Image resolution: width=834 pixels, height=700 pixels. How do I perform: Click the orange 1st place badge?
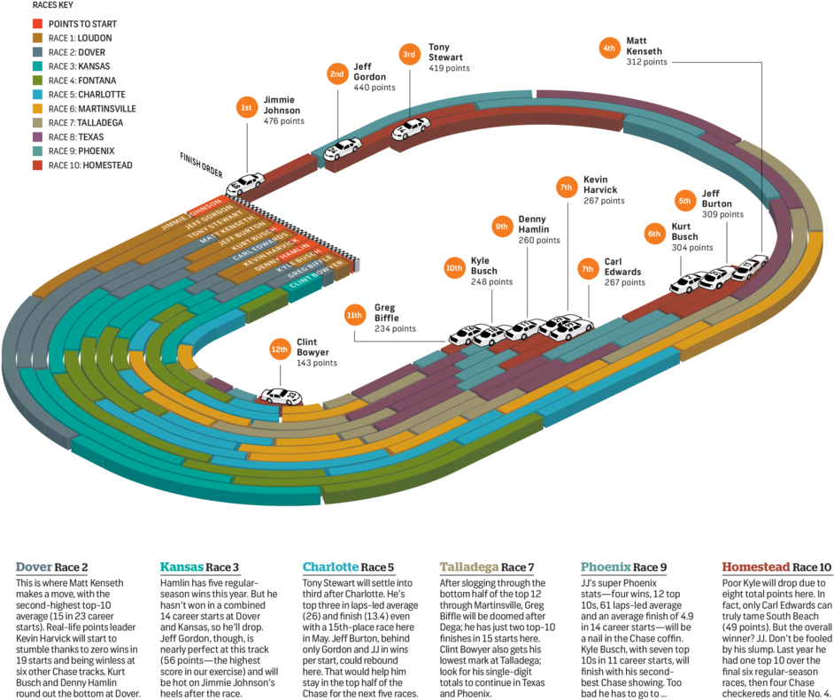point(246,108)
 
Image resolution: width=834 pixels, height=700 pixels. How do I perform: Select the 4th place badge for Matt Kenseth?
point(608,49)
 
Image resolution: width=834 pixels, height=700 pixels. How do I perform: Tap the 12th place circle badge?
point(280,350)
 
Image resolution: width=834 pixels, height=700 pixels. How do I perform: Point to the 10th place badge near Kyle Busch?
point(454,267)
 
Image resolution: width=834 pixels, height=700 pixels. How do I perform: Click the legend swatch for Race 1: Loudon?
point(38,38)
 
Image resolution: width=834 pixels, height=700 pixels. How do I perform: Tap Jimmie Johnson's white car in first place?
point(245,185)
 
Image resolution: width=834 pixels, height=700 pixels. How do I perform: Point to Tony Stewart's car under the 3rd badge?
point(411,129)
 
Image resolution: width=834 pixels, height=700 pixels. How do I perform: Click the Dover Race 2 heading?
point(52,566)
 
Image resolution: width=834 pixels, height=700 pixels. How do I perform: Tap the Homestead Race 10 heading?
point(776,566)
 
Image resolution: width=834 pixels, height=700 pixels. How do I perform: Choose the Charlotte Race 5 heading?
point(348,566)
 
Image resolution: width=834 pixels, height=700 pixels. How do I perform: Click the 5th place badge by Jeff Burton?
point(684,201)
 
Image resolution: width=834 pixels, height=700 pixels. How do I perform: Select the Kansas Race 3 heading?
point(199,566)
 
